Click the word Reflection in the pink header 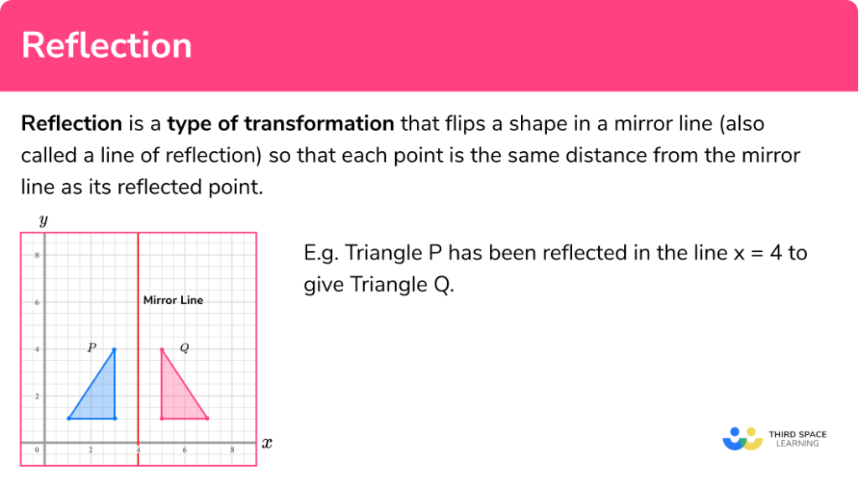[107, 45]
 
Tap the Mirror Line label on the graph [173, 300]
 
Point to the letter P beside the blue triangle [91, 348]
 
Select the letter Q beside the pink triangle [185, 348]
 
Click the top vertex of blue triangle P [115, 349]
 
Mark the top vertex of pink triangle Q [162, 349]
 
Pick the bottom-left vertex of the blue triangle [69, 418]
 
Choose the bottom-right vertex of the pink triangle [207, 418]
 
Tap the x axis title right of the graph [267, 442]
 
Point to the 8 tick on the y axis [36, 255]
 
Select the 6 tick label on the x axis [185, 451]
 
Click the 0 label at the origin [37, 451]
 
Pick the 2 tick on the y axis [36, 395]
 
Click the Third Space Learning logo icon [742, 438]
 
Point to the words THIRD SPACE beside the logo [798, 433]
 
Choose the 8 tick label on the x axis [232, 451]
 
